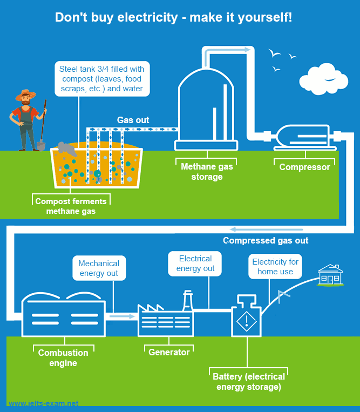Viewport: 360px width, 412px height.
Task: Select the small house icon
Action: point(330,275)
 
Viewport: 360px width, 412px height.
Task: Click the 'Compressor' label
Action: point(304,167)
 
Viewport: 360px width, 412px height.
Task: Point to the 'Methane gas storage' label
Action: point(206,172)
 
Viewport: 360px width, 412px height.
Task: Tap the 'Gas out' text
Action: point(133,120)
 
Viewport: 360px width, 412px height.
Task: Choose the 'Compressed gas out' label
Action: point(266,240)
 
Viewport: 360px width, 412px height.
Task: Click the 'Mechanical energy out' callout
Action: point(99,268)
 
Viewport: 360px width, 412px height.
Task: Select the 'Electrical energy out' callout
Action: point(196,264)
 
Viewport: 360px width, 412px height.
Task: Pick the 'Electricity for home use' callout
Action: point(275,266)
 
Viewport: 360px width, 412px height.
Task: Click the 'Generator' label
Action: point(169,352)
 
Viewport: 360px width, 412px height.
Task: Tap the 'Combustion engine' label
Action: point(63,358)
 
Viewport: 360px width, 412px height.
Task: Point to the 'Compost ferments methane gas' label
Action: point(71,206)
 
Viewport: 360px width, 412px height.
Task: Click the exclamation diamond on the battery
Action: point(246,322)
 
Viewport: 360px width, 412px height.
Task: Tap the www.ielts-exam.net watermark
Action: point(43,403)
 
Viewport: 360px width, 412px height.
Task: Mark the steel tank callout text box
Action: point(102,78)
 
